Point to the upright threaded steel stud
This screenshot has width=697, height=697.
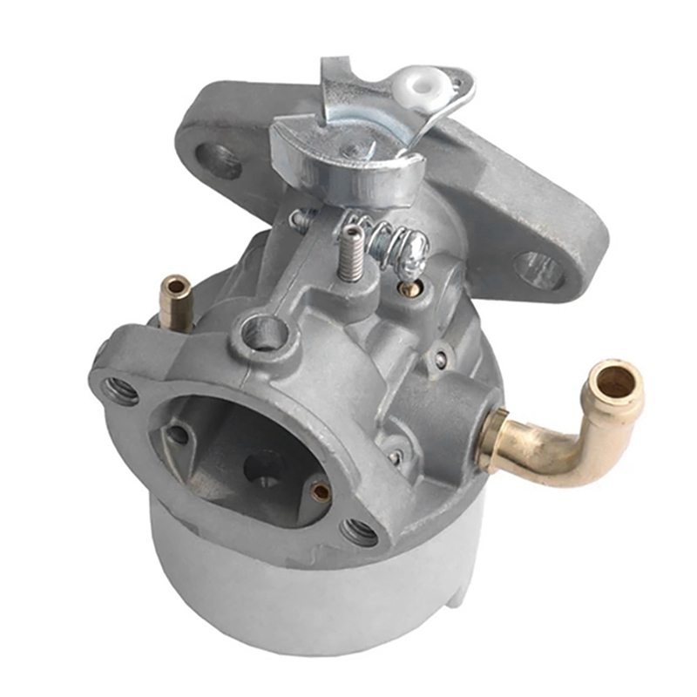(350, 253)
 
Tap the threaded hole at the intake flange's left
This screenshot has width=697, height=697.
(119, 389)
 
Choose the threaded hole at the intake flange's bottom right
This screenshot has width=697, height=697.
(357, 531)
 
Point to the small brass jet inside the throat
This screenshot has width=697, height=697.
(320, 492)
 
